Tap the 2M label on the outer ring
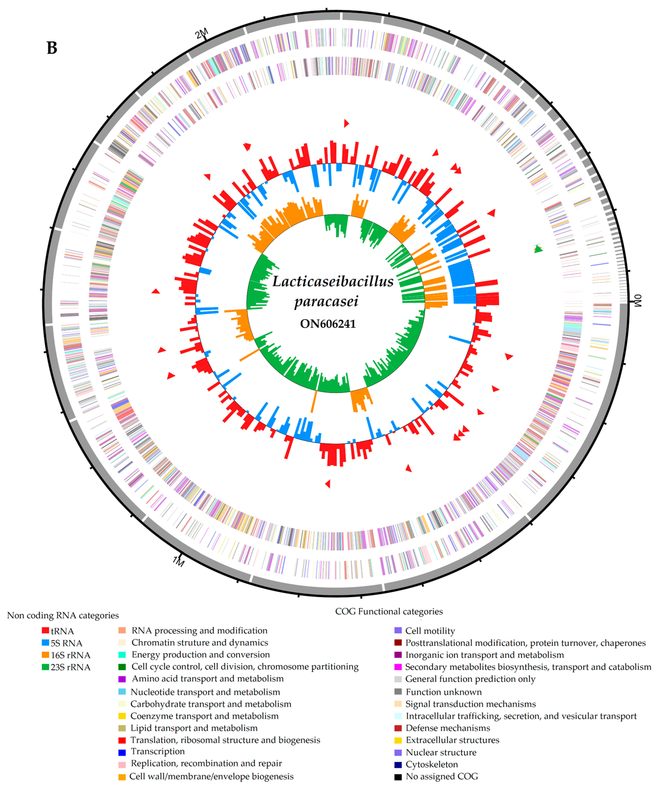[202, 34]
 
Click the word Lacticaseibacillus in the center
[333, 281]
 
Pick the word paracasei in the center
[326, 301]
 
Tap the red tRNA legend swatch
[45, 630]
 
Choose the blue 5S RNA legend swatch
[45, 642]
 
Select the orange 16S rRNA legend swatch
[45, 654]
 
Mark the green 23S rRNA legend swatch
[45, 666]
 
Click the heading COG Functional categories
[389, 611]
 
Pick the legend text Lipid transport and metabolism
[194, 728]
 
